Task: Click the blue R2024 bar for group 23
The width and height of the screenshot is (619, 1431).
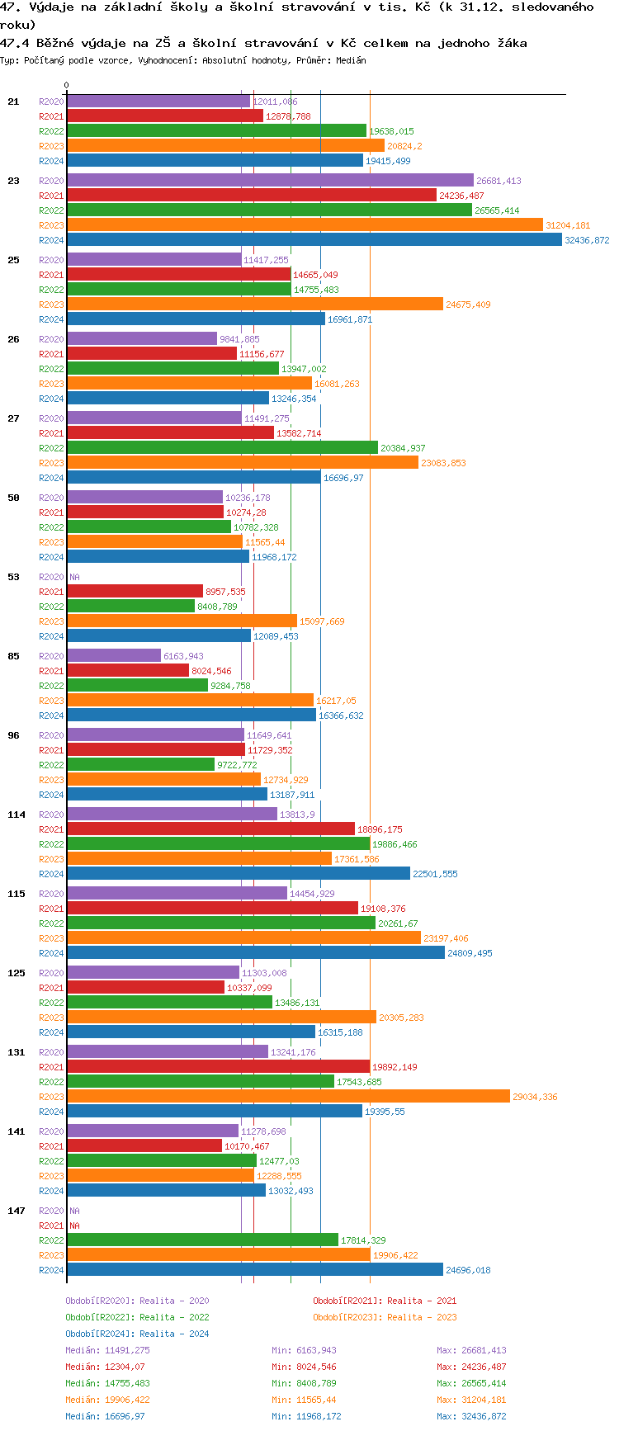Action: coord(314,240)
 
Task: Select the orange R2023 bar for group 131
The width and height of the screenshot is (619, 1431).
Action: coord(288,1097)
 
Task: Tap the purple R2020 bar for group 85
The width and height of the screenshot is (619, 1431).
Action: coord(114,656)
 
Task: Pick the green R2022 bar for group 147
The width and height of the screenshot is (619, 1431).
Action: coord(202,1240)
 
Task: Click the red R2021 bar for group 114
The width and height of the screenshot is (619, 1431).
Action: coord(210,829)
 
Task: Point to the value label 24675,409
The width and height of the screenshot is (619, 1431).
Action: coord(468,305)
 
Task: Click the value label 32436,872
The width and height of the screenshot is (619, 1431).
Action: coord(587,240)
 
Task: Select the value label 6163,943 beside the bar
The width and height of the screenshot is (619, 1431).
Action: coord(183,656)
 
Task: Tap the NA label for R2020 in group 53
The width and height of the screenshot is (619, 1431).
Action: coord(74,577)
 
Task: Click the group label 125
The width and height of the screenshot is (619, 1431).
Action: coord(17,973)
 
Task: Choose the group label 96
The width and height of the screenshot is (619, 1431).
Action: coord(13,735)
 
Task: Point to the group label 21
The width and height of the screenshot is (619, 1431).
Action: coord(13,102)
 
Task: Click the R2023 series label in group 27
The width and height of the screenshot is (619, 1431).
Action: coord(51,463)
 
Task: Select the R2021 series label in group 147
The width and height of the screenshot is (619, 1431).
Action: coord(51,1226)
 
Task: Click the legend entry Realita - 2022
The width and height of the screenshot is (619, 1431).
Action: coord(137,1317)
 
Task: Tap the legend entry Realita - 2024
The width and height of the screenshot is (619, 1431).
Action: coord(137,1334)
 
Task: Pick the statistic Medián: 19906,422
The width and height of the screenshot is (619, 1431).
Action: coord(107,1400)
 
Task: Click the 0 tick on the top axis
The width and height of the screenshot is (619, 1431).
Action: coord(67,86)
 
